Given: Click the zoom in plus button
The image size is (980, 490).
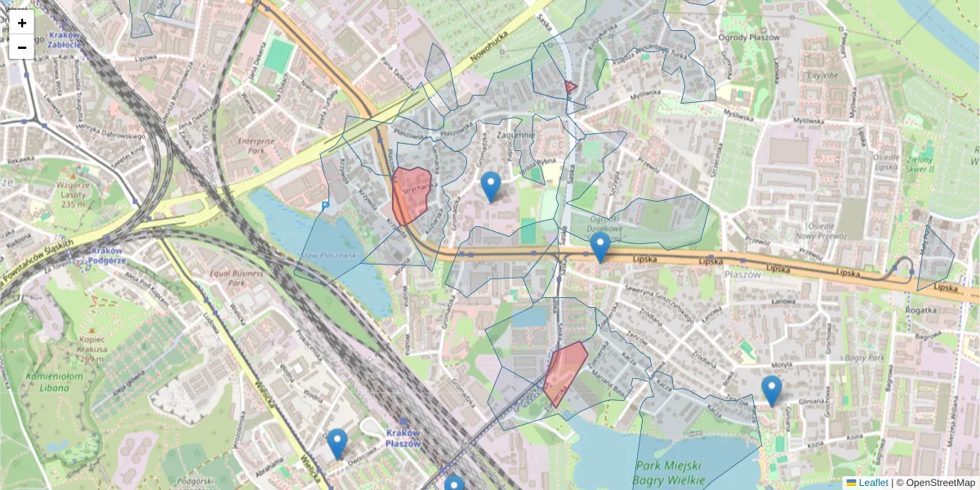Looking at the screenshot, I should (x=22, y=23).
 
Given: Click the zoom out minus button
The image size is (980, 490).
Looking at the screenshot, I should (x=22, y=47).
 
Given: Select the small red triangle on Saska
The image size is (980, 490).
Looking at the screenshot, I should (x=570, y=86).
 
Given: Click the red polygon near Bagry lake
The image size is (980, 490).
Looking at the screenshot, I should (x=565, y=372).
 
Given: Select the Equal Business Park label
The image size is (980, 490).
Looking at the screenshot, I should (x=238, y=278).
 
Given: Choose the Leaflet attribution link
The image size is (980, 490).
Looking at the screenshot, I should (x=872, y=483).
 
